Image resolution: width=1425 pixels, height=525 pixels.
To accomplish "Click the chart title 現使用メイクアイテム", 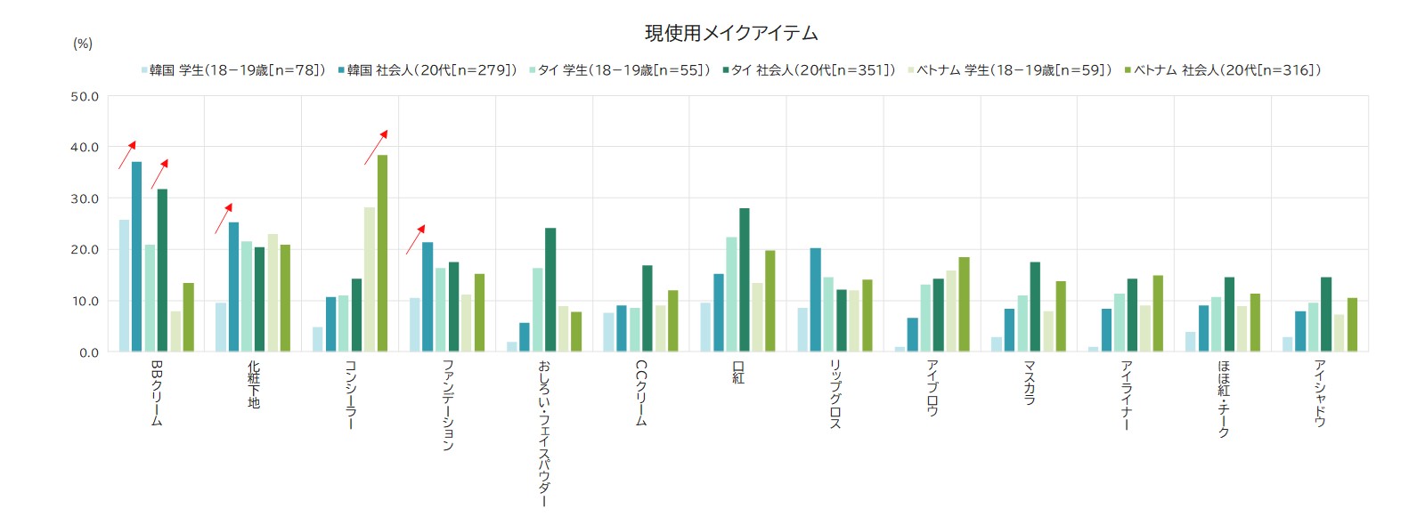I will (731, 34).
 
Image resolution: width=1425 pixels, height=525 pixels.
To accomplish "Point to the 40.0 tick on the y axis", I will (85, 148).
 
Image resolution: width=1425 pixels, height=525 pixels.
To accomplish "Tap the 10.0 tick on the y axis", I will (85, 302).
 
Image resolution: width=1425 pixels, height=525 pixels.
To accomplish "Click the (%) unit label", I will (83, 44).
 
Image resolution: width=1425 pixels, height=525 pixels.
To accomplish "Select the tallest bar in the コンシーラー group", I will (382, 254).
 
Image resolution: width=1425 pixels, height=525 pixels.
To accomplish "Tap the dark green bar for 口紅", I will (745, 280).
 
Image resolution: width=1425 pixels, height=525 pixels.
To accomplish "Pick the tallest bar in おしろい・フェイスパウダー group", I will (550, 290).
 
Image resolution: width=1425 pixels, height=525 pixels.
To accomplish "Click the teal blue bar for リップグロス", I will (816, 300).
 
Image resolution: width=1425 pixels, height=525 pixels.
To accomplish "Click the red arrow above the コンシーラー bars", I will (376, 148).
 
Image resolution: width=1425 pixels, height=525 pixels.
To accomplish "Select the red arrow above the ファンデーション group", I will (415, 240).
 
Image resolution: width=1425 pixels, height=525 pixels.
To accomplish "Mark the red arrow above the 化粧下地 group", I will (224, 219).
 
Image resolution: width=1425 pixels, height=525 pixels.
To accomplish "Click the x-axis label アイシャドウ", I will (1320, 392).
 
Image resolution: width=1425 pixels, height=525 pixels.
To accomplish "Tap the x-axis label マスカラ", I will (1029, 383).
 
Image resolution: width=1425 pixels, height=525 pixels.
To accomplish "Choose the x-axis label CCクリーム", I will (641, 392).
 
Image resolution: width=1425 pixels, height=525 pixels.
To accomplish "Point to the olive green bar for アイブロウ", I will (964, 304).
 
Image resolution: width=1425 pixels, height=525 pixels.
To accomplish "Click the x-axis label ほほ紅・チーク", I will (1223, 398).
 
